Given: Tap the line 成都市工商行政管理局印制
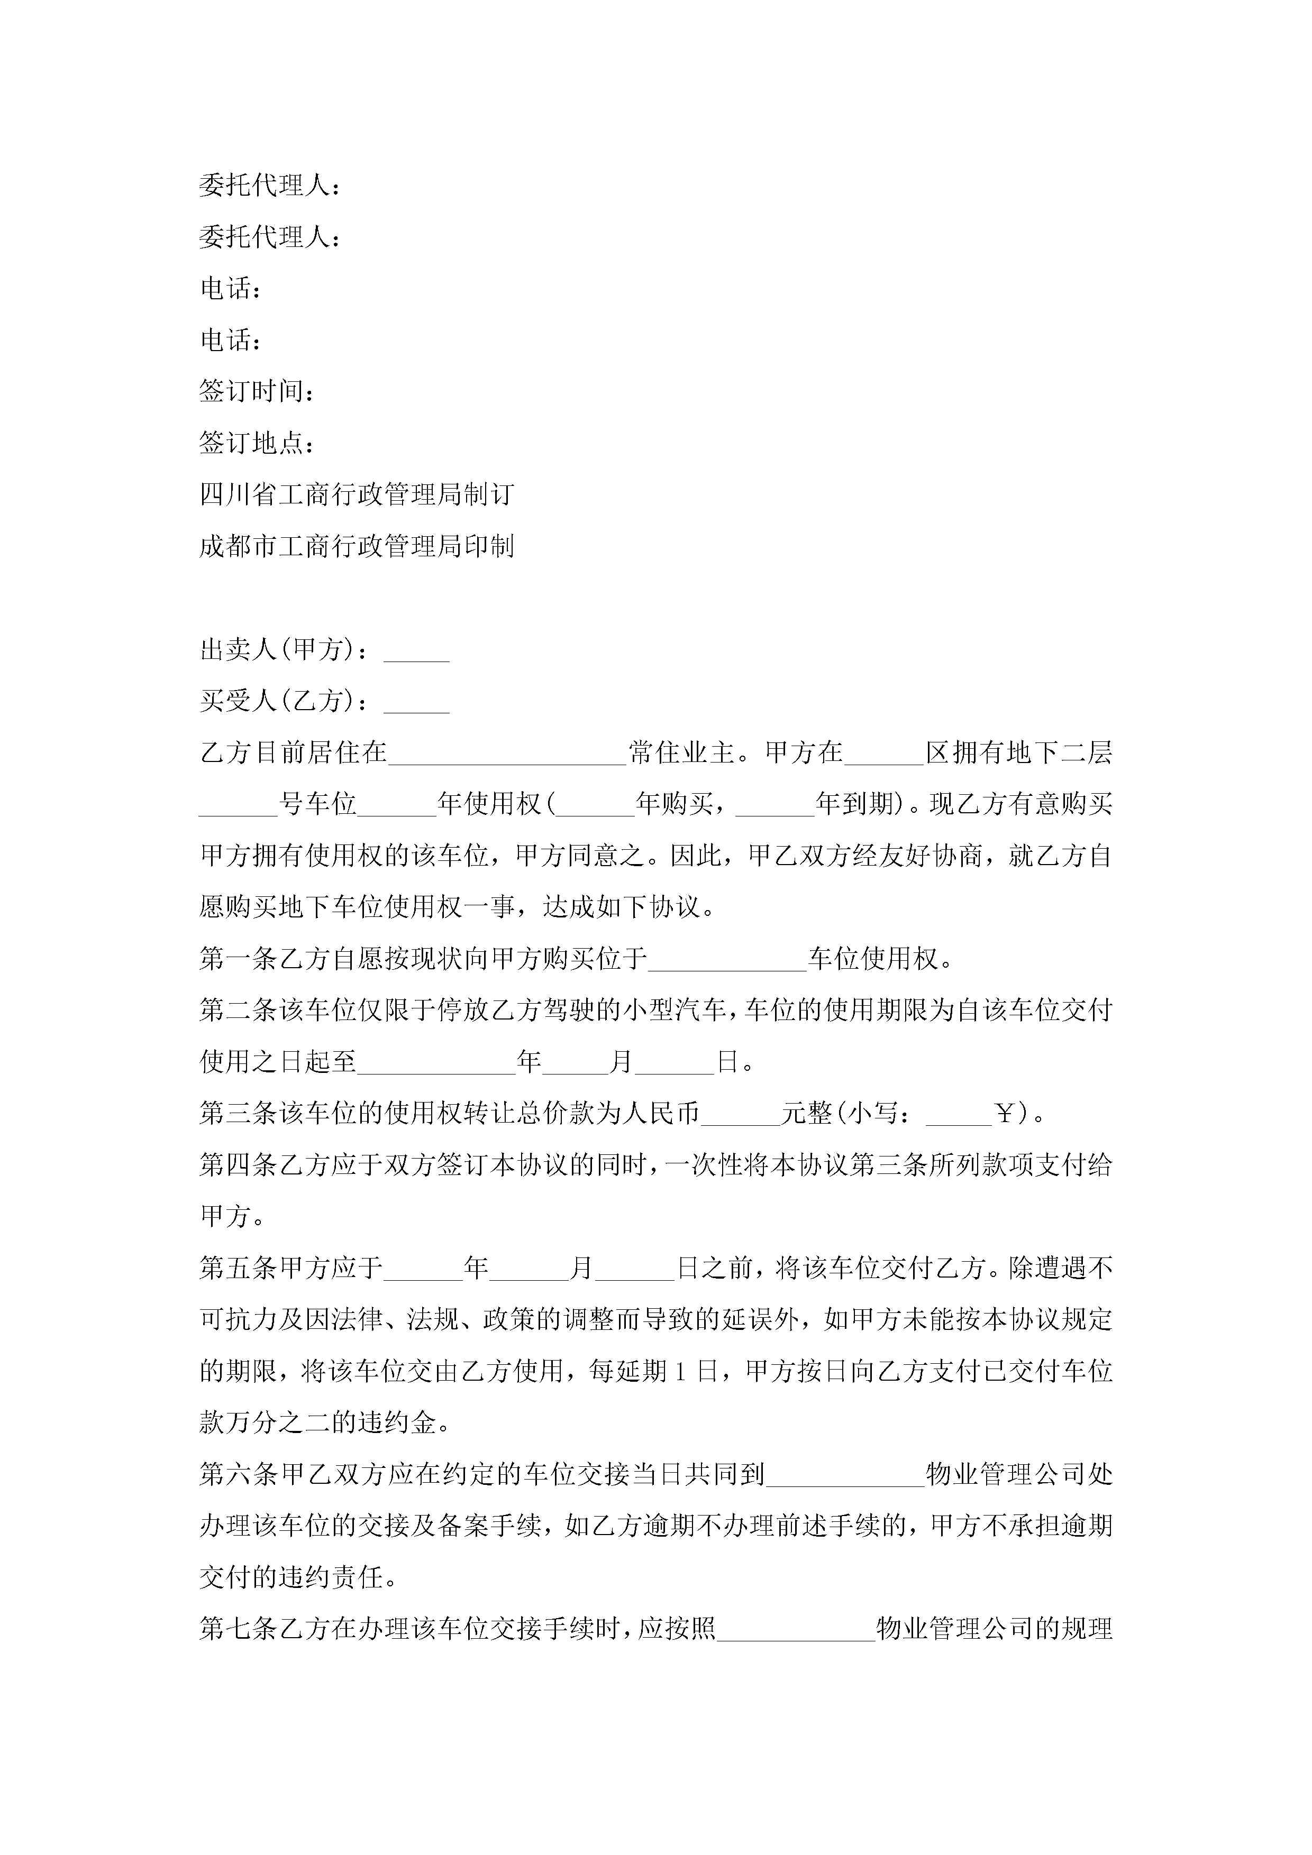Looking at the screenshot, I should click(x=357, y=546).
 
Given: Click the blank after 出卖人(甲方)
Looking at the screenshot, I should click(x=416, y=651).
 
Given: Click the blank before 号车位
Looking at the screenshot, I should click(x=239, y=805).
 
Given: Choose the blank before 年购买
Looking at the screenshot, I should click(x=596, y=805).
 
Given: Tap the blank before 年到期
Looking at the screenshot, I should click(x=775, y=805).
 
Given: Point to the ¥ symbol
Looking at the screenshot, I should click(x=1005, y=1115).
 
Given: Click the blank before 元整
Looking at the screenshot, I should click(x=741, y=1115).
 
